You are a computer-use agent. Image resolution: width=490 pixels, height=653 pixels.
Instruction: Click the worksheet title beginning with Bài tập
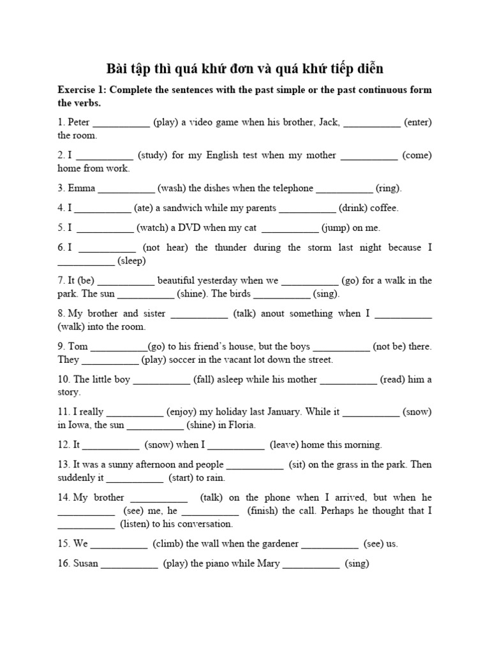(x=244, y=68)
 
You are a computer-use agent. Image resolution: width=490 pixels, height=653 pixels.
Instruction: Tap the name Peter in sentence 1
(x=80, y=122)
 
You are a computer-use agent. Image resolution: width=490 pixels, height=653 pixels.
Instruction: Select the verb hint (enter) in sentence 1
(x=418, y=122)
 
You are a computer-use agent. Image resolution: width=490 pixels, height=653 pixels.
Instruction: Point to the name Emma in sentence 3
(x=82, y=188)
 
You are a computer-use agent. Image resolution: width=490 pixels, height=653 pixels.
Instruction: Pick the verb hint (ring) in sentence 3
(x=389, y=188)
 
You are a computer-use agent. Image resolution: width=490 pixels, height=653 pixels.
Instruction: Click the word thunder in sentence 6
(x=229, y=247)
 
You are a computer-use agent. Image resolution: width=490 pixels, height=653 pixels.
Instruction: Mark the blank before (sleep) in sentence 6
(x=86, y=261)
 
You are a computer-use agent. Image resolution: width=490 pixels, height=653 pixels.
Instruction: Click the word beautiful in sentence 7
(x=181, y=281)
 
